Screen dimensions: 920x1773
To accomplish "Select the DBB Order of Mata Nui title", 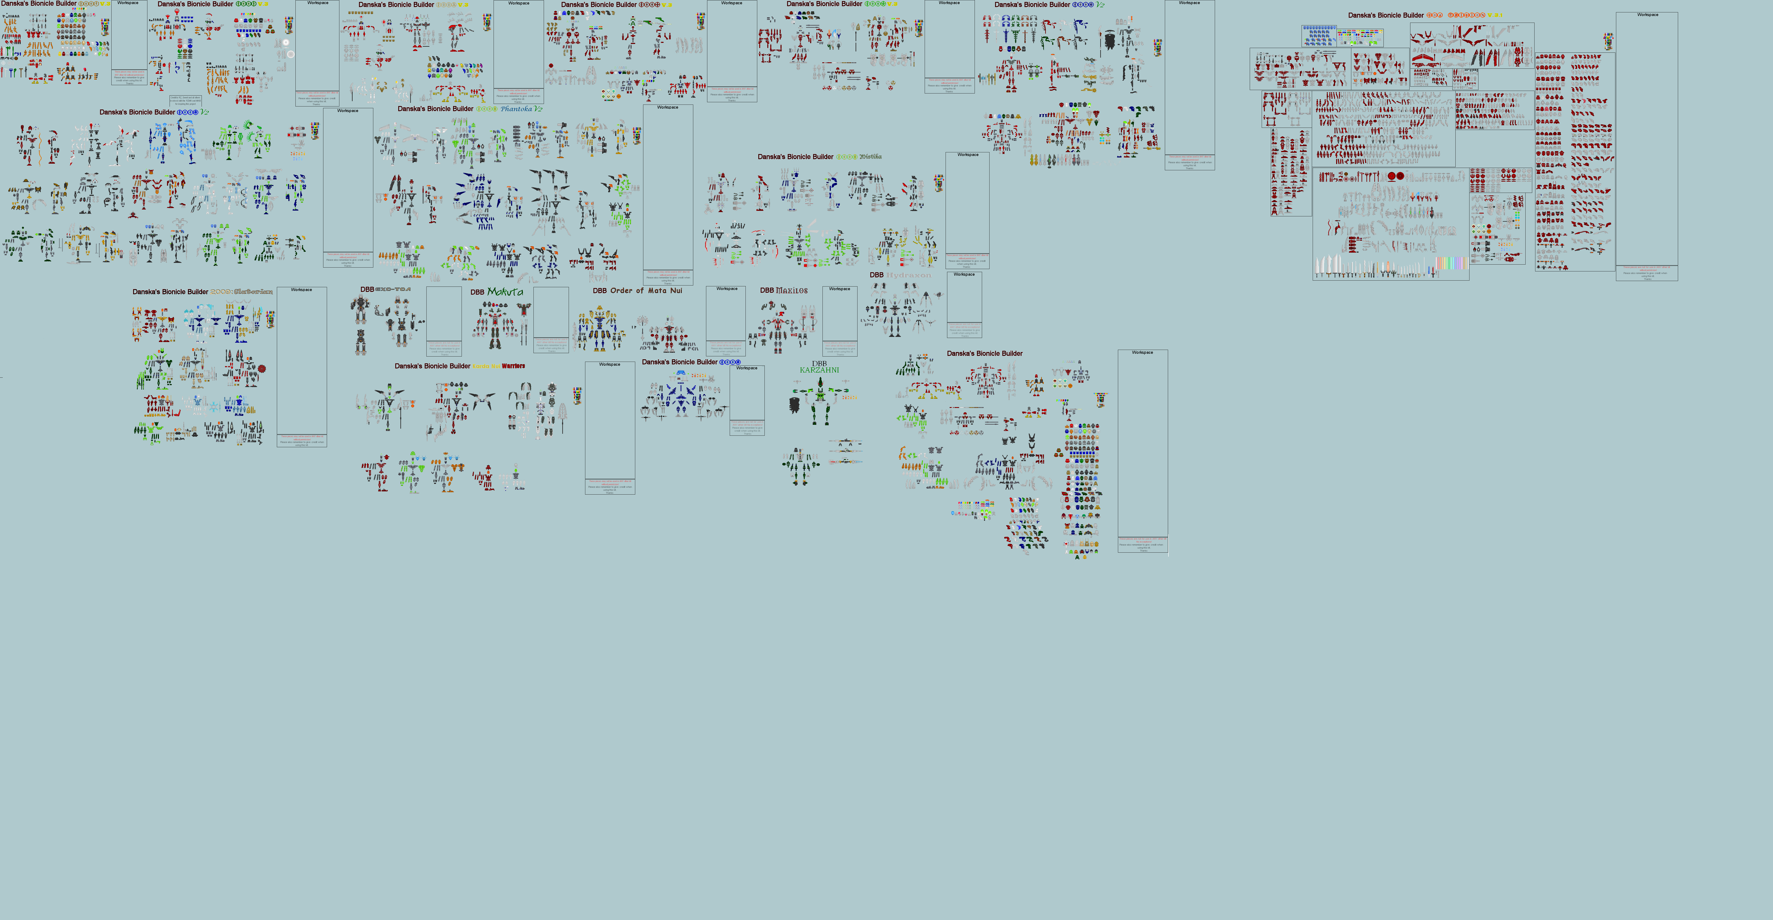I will pos(637,291).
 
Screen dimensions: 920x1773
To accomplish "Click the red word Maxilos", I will pos(792,291).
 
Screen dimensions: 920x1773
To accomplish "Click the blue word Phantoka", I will pos(516,109).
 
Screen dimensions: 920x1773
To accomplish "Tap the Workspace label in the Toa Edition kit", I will pos(1647,15).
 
